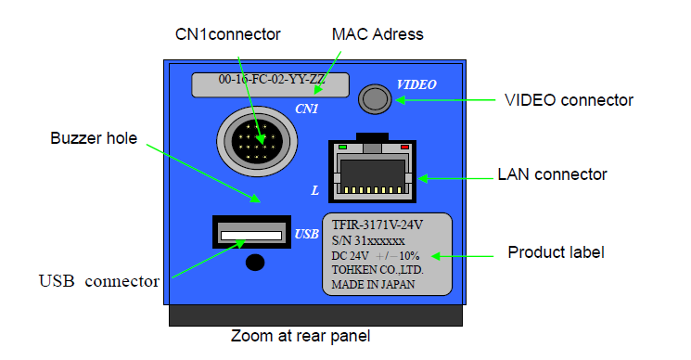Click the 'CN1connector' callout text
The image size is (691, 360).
228,34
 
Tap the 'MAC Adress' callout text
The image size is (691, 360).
377,34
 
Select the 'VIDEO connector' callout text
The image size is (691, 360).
569,100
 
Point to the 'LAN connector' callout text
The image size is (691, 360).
552,174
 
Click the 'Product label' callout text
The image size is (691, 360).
556,252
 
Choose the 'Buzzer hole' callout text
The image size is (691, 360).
94,138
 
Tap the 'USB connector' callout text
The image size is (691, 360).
99,281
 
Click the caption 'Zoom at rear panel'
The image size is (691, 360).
301,336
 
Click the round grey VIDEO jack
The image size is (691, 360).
375,99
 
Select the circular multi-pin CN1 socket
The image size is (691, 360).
257,141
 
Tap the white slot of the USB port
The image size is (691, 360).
251,236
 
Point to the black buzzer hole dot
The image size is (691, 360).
255,263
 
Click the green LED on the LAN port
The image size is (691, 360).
342,148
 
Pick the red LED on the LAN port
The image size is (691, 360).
404,148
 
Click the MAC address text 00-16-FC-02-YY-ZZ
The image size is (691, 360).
272,79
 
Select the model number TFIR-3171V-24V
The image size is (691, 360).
377,225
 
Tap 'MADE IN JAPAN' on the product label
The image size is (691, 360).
373,285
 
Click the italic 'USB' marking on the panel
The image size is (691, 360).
306,234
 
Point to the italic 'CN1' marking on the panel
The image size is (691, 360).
306,109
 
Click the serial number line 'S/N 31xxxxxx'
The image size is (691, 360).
368,241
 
